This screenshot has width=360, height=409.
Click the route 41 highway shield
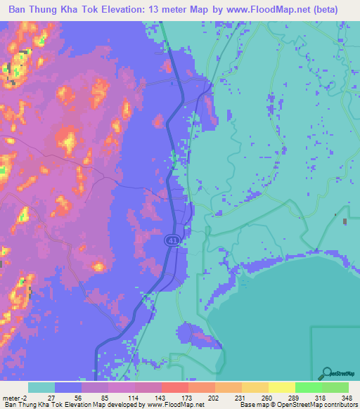coord(172,240)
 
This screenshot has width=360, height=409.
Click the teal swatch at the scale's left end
coord(41,387)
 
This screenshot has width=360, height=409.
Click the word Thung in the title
coord(47,10)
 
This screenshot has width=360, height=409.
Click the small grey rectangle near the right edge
coord(345,222)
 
